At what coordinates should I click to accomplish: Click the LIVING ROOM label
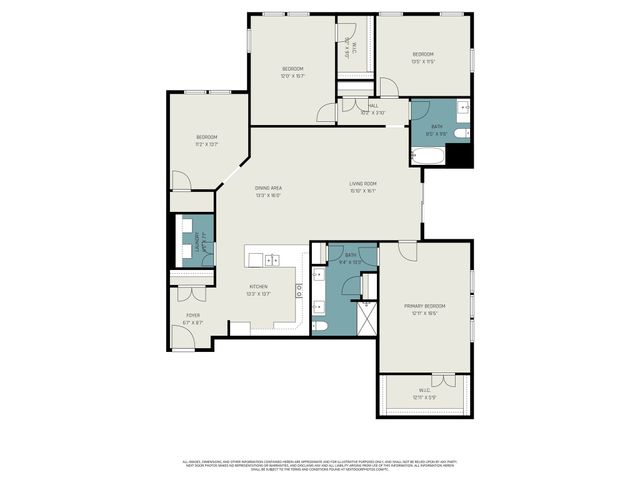tap(362, 183)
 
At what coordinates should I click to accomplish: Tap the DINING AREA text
tap(268, 188)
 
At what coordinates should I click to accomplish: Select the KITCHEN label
tap(258, 286)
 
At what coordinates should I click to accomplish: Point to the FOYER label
tap(192, 315)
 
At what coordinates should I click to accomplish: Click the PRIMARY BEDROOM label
tap(425, 306)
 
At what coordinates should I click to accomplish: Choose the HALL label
tap(373, 105)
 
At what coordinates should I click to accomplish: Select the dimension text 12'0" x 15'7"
tap(292, 76)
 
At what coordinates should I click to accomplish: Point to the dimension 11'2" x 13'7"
tap(207, 144)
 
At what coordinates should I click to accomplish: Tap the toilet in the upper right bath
tap(462, 133)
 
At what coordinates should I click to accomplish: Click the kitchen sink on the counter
tap(271, 260)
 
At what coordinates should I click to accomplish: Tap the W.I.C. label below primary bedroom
tap(423, 391)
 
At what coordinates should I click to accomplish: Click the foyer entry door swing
tap(182, 338)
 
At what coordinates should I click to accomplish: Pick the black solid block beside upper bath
tap(459, 156)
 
